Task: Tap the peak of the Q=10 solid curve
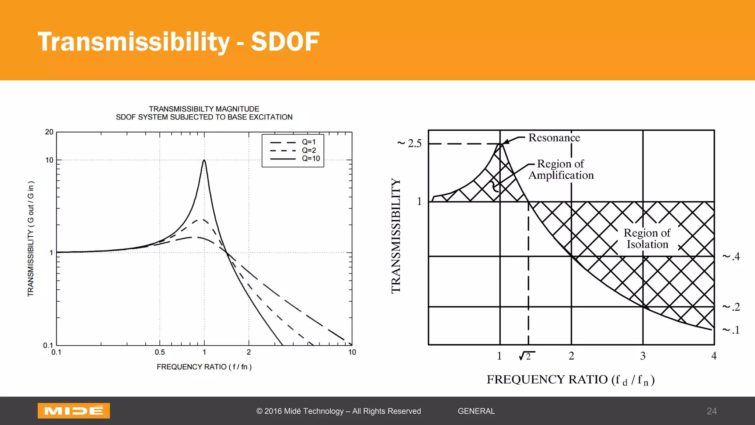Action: [x=204, y=160]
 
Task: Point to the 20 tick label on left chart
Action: [x=49, y=132]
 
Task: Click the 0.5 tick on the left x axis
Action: [x=160, y=352]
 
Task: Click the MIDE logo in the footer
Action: [x=74, y=411]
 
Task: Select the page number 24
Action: [x=711, y=411]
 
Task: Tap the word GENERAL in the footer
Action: [x=476, y=411]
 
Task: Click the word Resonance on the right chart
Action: [x=554, y=138]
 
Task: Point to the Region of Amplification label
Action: [x=561, y=169]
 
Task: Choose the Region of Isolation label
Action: [x=647, y=239]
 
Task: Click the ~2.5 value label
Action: [x=410, y=143]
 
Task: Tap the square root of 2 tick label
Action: [x=526, y=356]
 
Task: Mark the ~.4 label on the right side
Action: [x=731, y=256]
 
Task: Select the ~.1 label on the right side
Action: [x=731, y=330]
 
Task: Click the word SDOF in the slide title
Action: [x=285, y=41]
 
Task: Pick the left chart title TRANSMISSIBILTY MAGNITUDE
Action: [x=204, y=109]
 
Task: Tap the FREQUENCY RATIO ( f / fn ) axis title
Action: [x=204, y=367]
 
